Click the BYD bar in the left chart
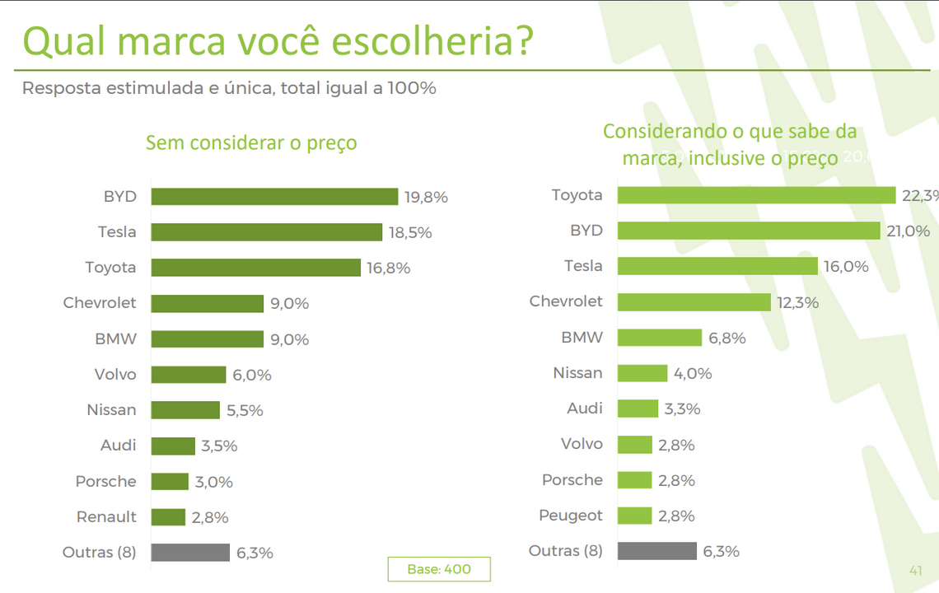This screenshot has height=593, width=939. click(x=274, y=197)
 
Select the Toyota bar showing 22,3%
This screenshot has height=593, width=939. click(x=755, y=195)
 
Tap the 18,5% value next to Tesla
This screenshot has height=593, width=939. click(x=410, y=233)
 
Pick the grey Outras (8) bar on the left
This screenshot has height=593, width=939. click(x=190, y=553)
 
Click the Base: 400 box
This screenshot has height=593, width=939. click(x=439, y=569)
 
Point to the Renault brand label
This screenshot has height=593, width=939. click(x=106, y=517)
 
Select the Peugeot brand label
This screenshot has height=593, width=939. click(x=571, y=516)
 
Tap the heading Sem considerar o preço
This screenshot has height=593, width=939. click(x=251, y=142)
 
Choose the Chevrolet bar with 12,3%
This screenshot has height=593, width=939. click(x=694, y=301)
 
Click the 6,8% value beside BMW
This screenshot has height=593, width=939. click(x=726, y=338)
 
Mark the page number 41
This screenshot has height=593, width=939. click(x=915, y=570)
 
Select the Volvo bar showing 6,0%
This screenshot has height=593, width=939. click(x=189, y=375)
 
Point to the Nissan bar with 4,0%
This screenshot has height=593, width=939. click(x=642, y=373)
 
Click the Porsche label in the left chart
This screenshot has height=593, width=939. click(x=105, y=481)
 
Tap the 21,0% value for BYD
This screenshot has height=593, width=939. click(x=909, y=231)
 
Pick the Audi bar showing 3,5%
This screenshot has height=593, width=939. click(x=173, y=446)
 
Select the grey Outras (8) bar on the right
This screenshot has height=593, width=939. click(x=656, y=551)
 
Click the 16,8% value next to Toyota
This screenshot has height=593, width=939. click(x=389, y=268)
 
